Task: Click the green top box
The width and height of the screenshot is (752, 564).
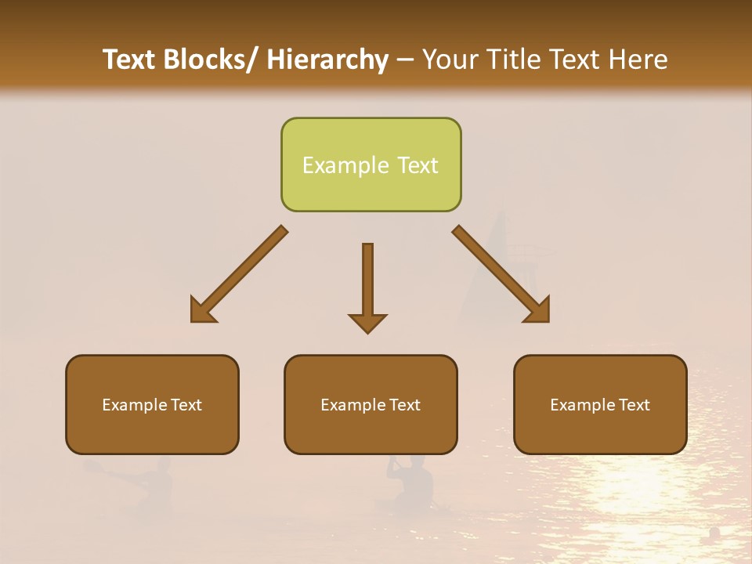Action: [371, 164]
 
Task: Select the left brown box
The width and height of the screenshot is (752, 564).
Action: [152, 404]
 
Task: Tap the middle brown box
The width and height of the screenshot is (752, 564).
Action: [371, 404]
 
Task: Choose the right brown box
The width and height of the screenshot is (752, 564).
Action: [600, 404]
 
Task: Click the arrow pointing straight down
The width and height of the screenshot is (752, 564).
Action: [367, 287]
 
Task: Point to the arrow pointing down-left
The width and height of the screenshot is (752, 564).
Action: [238, 275]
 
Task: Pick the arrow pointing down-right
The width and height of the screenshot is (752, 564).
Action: [501, 275]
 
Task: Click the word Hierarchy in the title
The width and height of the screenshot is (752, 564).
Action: [327, 60]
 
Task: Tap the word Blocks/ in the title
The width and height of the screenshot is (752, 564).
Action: [208, 60]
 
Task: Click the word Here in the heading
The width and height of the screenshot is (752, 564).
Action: [636, 60]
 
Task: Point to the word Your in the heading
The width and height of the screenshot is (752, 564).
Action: [449, 60]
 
